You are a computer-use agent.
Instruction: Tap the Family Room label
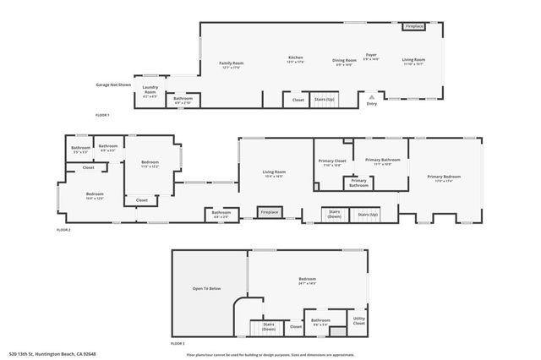coord(232,63)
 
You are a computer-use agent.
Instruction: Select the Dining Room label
coord(344,60)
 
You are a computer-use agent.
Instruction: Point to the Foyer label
coord(371,57)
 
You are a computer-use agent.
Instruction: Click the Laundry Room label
coord(150,87)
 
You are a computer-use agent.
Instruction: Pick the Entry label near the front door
coord(371,104)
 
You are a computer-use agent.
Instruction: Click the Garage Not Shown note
coord(113,85)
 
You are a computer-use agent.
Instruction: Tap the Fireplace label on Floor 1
coord(414,26)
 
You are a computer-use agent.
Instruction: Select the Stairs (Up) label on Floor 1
coord(324,100)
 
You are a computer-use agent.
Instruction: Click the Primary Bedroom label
coord(445,177)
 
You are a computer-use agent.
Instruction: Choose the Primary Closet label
coord(332,160)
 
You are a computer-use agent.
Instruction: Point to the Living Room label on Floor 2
coord(274,172)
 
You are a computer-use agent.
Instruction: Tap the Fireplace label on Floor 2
coord(270,211)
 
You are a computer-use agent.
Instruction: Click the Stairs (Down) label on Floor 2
coord(335,214)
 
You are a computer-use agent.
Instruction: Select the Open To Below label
coord(206,289)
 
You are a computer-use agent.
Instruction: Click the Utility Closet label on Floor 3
coord(358,321)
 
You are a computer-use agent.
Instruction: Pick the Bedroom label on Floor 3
coord(307,280)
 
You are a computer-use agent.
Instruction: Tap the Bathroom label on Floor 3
coord(320,320)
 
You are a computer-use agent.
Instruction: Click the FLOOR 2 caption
coord(64,229)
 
